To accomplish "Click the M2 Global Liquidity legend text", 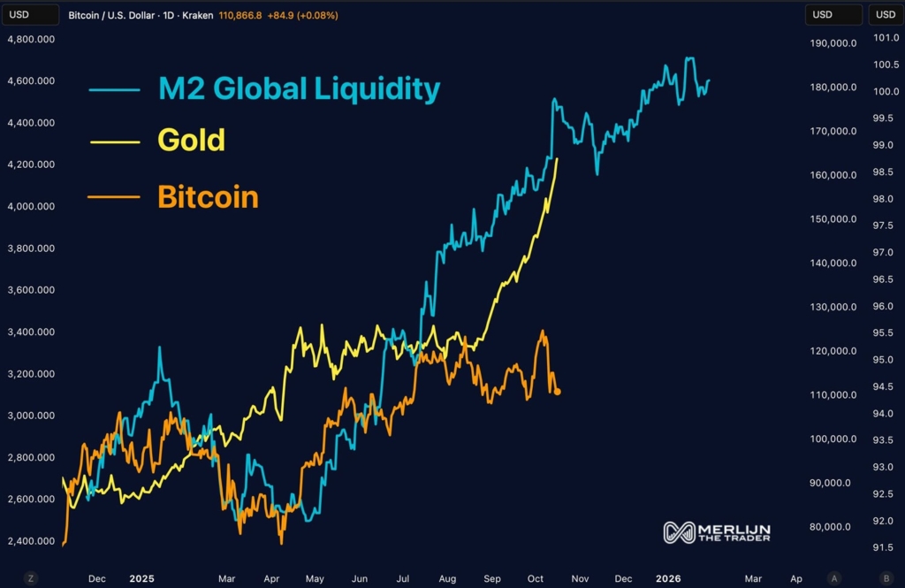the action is pos(299,88).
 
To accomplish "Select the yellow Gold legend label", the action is pos(191,140).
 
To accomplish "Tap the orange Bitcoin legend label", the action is pos(208,196).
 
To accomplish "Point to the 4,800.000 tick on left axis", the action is pos(31,39).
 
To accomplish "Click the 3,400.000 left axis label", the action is pos(31,332).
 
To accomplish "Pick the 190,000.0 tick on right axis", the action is pos(833,43).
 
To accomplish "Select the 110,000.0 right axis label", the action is pos(833,395).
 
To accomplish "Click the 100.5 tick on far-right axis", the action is pos(886,65).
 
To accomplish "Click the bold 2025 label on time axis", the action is pos(141,579).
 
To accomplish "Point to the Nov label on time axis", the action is pos(580,579).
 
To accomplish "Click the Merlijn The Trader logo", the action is pos(717,532).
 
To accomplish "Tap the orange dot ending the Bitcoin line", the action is pos(558,392).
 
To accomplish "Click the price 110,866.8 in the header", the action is pos(240,16).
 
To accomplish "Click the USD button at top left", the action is pos(19,15).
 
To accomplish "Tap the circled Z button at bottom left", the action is pos(31,578).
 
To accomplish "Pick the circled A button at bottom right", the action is pos(834,578).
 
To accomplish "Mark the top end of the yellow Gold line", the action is pos(557,158).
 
